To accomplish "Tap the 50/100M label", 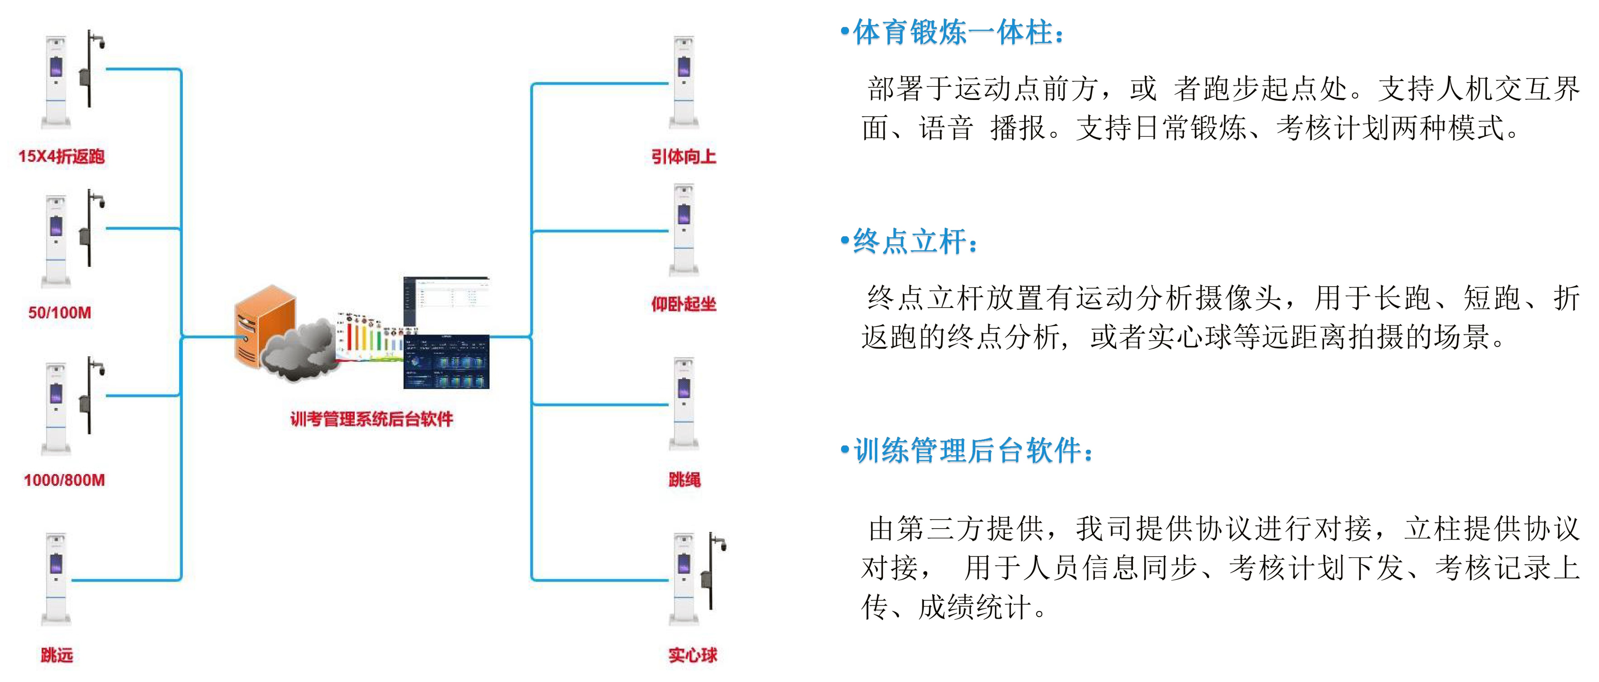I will pyautogui.click(x=60, y=313).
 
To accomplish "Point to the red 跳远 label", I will pyautogui.click(x=57, y=655).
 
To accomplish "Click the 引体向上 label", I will pyautogui.click(x=684, y=157).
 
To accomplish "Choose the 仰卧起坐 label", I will pyautogui.click(x=684, y=304).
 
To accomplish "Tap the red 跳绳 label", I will pyautogui.click(x=684, y=480).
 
